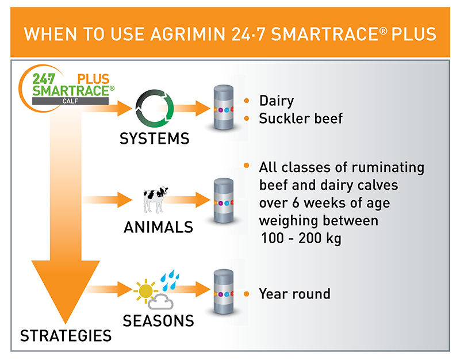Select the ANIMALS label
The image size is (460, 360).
158,227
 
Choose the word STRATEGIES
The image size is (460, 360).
66,335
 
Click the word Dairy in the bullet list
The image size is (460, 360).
276,101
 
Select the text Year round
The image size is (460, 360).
294,294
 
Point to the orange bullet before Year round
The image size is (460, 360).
247,294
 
